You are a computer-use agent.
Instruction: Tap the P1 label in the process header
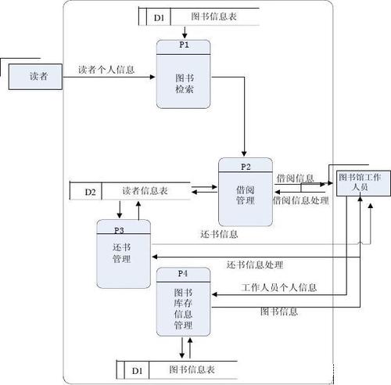(185, 45)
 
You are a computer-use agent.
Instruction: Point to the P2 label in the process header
(246, 166)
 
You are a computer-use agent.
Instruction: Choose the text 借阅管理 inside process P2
(246, 195)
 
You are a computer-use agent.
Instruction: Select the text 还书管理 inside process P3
(122, 253)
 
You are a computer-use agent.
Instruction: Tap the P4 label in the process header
(183, 273)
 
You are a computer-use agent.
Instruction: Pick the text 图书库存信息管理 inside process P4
(183, 308)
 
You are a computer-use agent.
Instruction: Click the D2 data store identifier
(90, 191)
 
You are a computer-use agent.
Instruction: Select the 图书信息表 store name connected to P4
(192, 369)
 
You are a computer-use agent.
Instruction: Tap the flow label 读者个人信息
(106, 69)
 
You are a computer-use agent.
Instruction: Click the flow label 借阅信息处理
(300, 200)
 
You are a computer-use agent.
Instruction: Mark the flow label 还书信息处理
(255, 264)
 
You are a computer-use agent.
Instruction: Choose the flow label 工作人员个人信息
(279, 287)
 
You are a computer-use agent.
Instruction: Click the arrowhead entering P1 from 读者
(153, 77)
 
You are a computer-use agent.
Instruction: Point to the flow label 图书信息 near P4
(278, 311)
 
